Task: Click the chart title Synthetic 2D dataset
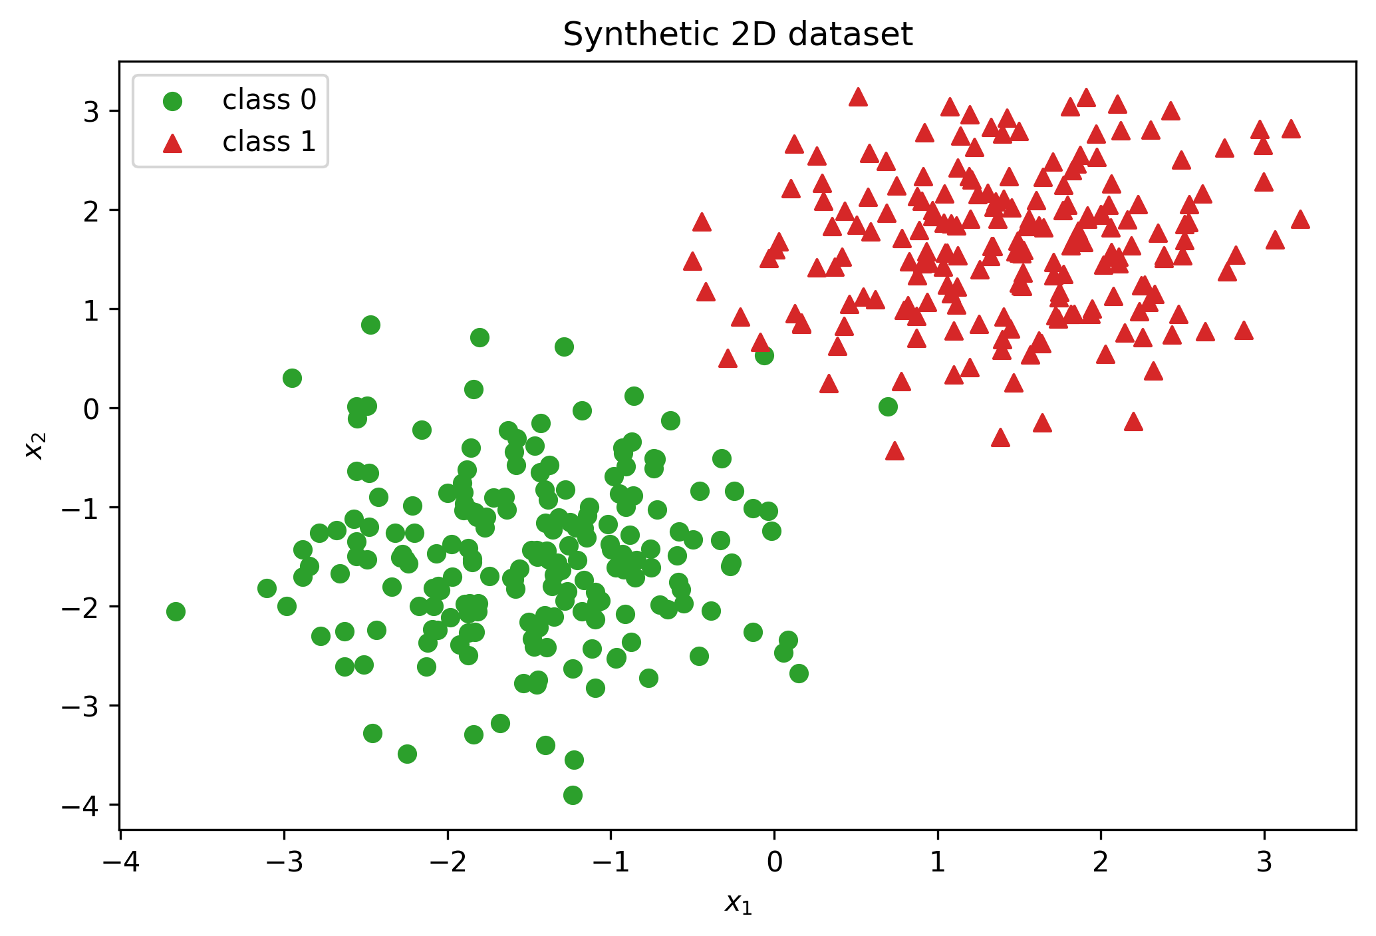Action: tap(738, 35)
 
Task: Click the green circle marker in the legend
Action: tap(173, 101)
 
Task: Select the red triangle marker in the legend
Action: tap(173, 142)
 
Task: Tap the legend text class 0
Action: tap(269, 100)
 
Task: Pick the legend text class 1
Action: tap(269, 142)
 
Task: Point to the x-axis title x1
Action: tap(738, 903)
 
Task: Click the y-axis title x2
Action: tap(35, 446)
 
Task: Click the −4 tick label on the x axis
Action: tap(121, 862)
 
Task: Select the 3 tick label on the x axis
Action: tap(1264, 862)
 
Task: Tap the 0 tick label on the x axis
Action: tap(774, 862)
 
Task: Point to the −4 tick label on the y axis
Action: tap(80, 805)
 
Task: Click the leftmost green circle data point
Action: tap(176, 611)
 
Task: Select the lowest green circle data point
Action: tap(573, 795)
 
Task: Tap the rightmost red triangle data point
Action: tap(1300, 220)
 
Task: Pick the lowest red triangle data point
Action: tap(894, 451)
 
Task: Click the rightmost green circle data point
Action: tap(888, 406)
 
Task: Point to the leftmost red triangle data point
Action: tap(692, 261)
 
